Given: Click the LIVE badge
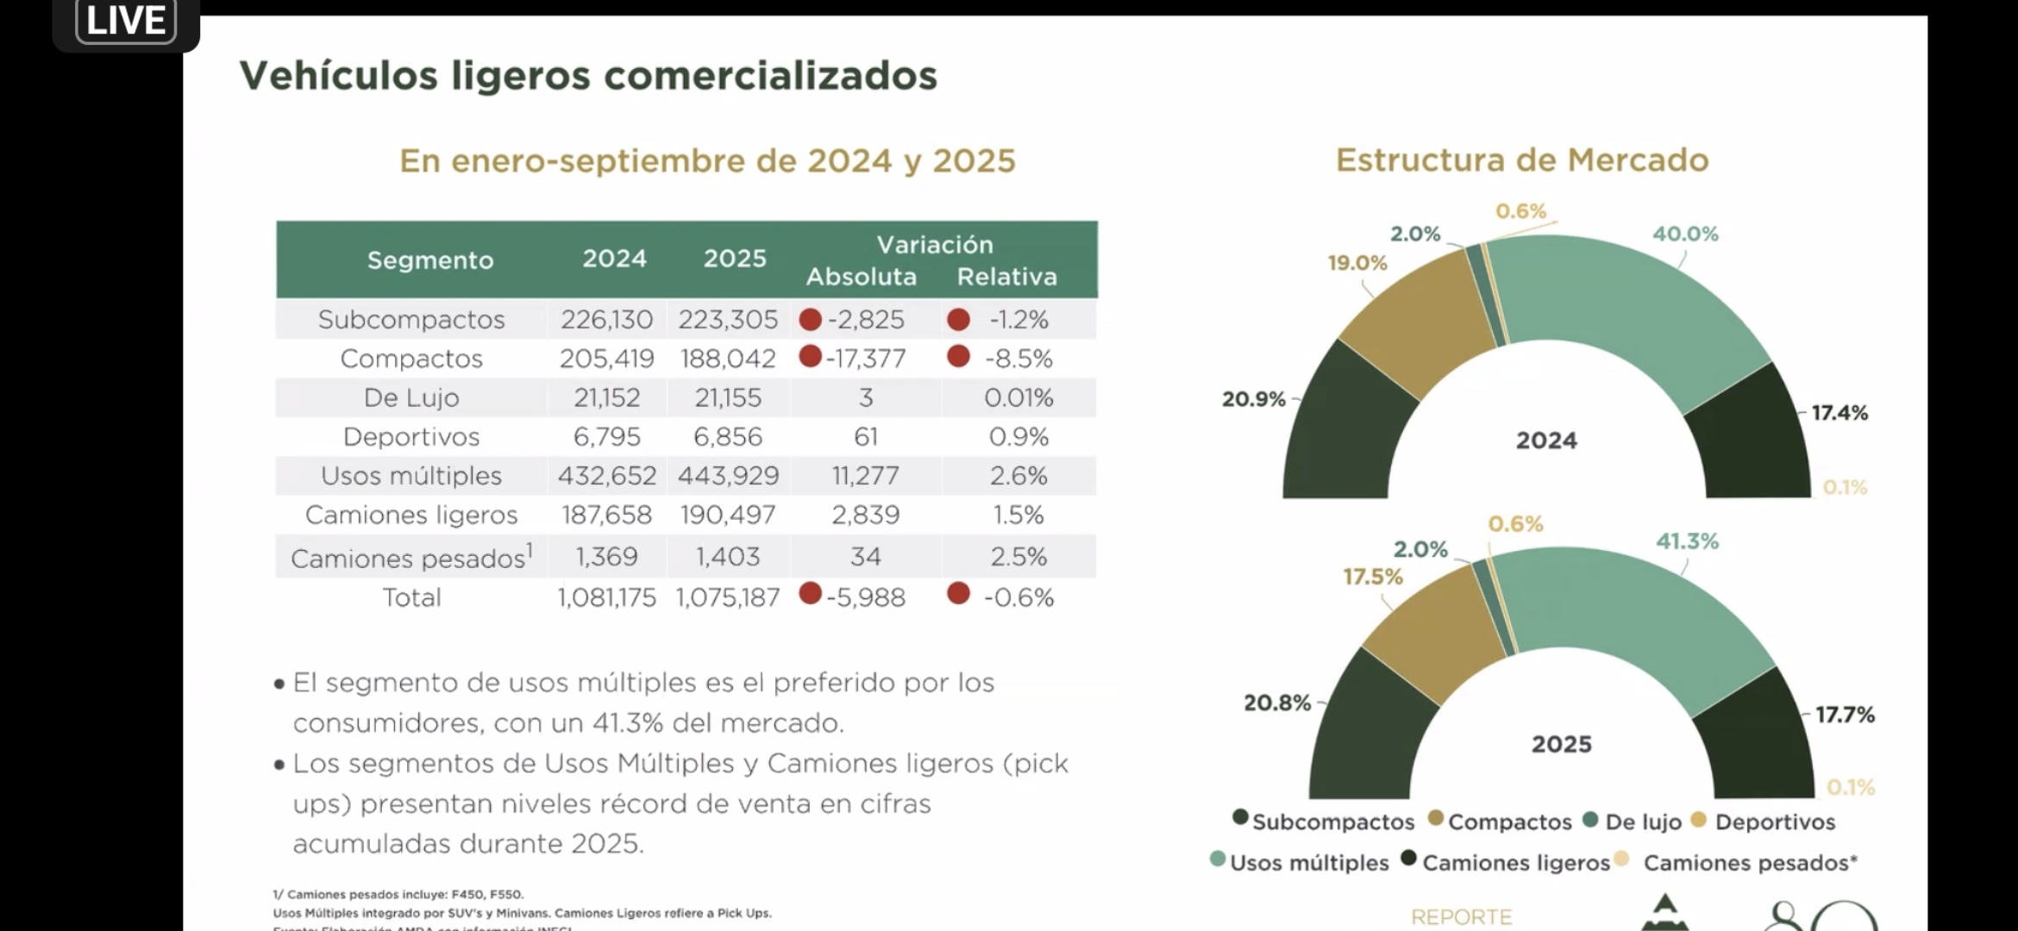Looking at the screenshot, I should pos(126,21).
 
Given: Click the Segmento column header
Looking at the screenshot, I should pos(429,259).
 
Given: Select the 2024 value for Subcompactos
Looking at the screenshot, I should pos(606,320).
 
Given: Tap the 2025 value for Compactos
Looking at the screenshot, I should pos(728,359).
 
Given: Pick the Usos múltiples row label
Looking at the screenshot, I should pos(410,476).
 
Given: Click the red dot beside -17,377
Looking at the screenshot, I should pos(810,356).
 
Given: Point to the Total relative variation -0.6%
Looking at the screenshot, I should pos(1018,597).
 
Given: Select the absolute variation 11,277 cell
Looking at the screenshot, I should pos(865,476).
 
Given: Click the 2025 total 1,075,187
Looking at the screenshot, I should pos(728,597).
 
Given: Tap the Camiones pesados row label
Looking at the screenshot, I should pos(410,559).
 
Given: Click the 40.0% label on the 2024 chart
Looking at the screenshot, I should pos(1684,234).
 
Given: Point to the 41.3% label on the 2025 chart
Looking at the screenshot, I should pos(1687,541).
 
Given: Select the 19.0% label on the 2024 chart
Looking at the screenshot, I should pos(1357,263).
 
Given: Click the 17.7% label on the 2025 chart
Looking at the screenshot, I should pos(1845,715).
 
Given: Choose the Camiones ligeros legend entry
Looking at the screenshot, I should pos(1515,863).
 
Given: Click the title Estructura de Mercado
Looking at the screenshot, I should pos(1521,160).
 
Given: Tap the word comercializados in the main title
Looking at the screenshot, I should pos(769,75).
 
